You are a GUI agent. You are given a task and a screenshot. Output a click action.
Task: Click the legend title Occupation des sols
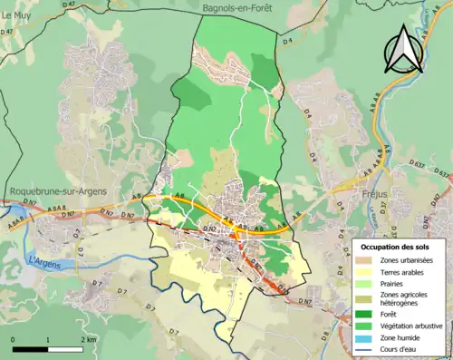click(x=397, y=247)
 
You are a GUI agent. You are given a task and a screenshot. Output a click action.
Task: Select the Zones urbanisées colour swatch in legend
click(x=362, y=260)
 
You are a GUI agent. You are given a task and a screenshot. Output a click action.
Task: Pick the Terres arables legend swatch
click(x=362, y=272)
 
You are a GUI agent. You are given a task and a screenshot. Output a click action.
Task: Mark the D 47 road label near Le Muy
click(x=7, y=32)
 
